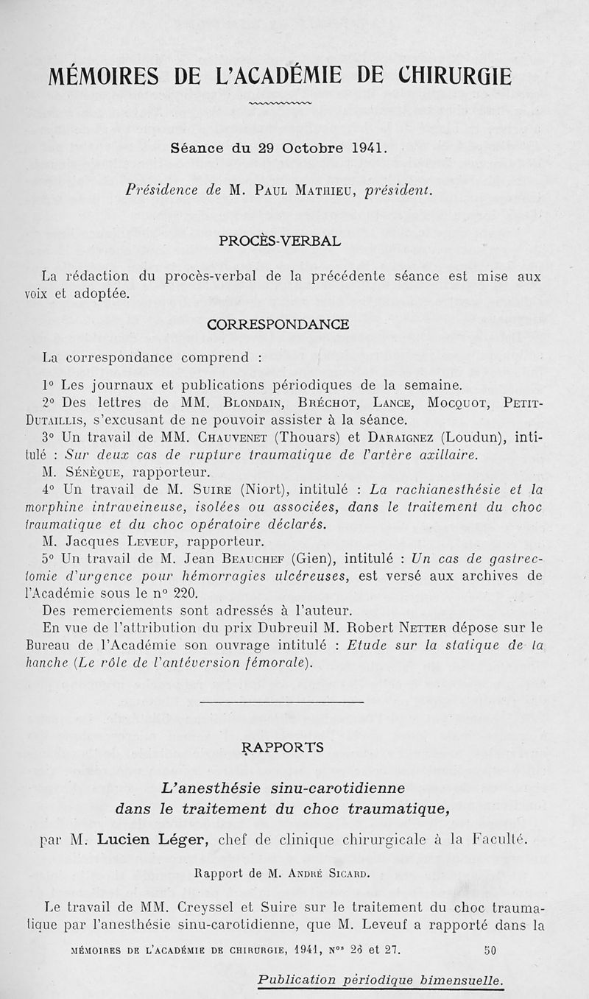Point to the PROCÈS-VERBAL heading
point(280,240)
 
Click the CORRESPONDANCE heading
point(278,324)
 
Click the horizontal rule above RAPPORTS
point(281,702)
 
